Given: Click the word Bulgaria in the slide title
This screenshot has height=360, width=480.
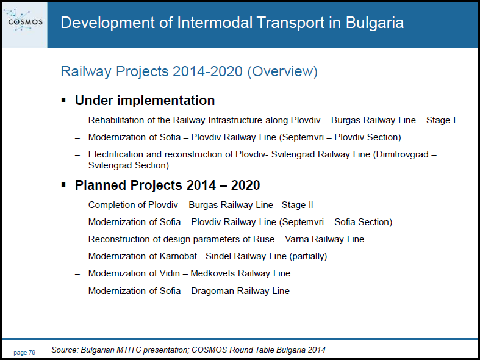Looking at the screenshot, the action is click(x=374, y=23).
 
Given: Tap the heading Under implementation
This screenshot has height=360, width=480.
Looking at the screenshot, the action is click(x=145, y=101).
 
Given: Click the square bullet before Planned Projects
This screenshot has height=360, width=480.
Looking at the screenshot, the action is click(x=63, y=185).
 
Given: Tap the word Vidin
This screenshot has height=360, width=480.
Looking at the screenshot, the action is click(x=170, y=273).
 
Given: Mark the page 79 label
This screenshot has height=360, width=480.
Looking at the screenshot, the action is click(x=24, y=353).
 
